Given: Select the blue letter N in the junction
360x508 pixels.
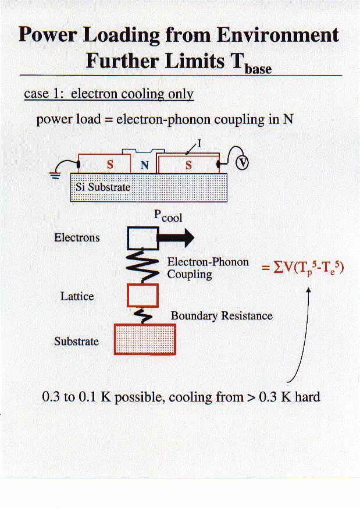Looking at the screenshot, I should pyautogui.click(x=145, y=165).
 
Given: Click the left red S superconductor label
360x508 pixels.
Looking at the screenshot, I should pyautogui.click(x=111, y=165).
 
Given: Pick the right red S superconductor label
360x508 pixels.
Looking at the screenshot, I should pyautogui.click(x=188, y=165).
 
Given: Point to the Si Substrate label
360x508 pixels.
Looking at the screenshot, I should pyautogui.click(x=103, y=187).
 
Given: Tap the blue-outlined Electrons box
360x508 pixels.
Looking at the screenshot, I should pyautogui.click(x=143, y=237).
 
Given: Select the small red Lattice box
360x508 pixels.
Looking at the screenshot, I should pyautogui.click(x=142, y=295).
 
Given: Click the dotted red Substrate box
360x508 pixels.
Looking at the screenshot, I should pyautogui.click(x=145, y=339).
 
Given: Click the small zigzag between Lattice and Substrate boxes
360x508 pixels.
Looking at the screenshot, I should pyautogui.click(x=143, y=315).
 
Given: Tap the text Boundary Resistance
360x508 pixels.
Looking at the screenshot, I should pyautogui.click(x=222, y=316).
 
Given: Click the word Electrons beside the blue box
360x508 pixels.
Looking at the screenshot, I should pyautogui.click(x=77, y=237).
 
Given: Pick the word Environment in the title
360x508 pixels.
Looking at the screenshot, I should pyautogui.click(x=278, y=35).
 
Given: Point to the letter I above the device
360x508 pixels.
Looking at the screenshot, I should pyautogui.click(x=199, y=141).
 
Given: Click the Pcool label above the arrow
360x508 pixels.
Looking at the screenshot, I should pyautogui.click(x=167, y=215).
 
